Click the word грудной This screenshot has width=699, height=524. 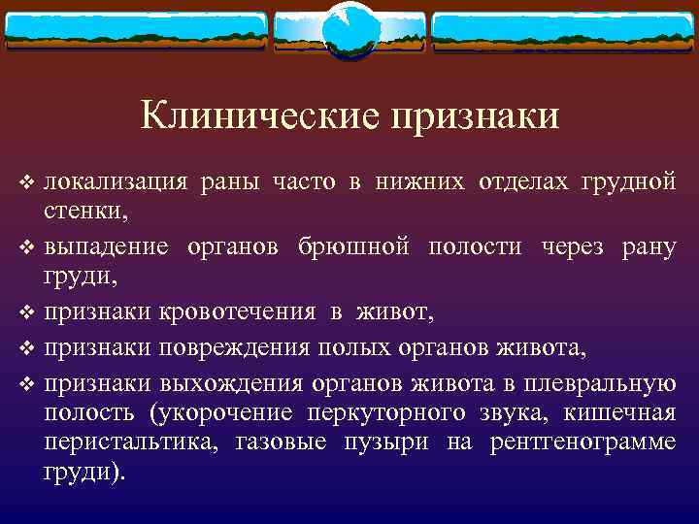pos(627,180)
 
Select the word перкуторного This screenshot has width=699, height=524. pos(375,413)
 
